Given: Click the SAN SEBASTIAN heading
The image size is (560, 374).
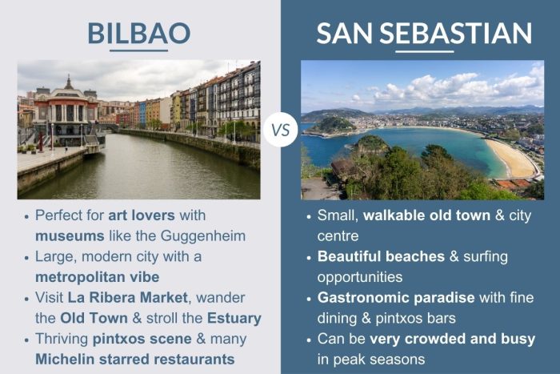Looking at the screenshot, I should (x=424, y=33).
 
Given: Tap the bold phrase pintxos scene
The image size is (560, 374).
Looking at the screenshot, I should (x=125, y=339).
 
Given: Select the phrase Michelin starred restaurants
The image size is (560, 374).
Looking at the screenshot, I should (x=134, y=359).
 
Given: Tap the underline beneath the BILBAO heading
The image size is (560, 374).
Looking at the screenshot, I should (x=138, y=51).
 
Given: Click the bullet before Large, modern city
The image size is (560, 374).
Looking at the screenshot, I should (x=26, y=257).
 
